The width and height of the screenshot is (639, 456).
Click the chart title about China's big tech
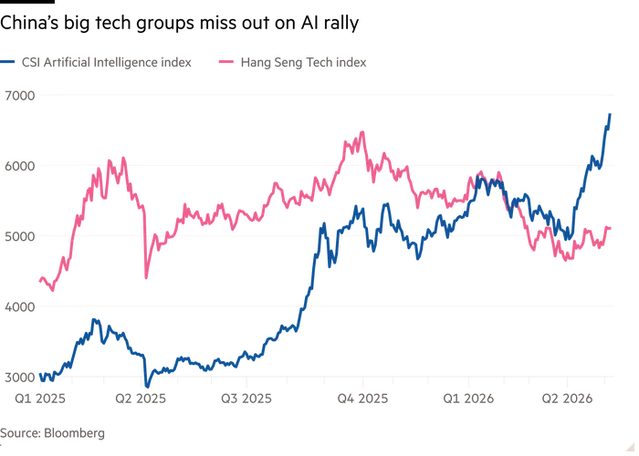179,23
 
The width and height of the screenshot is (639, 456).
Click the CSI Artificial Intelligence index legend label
107,62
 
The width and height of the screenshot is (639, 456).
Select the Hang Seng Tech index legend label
304,62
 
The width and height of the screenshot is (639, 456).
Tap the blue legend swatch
7,62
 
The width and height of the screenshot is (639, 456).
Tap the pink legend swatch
226,62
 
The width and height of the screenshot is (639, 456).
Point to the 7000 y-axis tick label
20,96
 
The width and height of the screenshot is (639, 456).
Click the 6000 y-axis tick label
20,166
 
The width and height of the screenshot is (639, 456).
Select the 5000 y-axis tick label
20,236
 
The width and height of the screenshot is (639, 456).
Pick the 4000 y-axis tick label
20,306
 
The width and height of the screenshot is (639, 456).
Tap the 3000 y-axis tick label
20,377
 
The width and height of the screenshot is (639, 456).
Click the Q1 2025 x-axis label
40,399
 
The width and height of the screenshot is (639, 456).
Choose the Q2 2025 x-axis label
141,399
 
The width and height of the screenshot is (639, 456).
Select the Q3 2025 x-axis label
246,399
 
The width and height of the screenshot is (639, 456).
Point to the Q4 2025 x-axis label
362,399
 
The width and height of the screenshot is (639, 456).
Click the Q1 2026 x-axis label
468,399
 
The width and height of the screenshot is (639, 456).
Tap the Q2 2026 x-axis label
567,399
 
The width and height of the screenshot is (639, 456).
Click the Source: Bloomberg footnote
52,433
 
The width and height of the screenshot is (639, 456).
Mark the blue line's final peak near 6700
610,114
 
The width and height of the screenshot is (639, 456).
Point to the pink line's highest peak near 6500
362,132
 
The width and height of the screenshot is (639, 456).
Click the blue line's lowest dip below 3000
147,387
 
